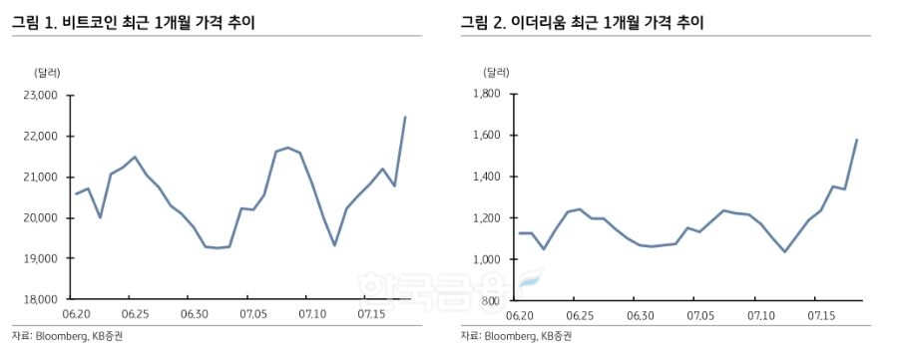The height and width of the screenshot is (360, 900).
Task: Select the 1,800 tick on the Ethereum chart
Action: point(486,94)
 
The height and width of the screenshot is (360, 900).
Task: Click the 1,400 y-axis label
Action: point(486,177)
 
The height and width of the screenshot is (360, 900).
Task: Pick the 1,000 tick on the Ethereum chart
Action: point(486,259)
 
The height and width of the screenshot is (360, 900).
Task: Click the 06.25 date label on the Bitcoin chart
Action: point(135,315)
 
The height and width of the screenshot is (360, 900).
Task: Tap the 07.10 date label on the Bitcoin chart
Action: point(314,315)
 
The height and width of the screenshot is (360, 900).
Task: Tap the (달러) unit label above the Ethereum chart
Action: point(496,72)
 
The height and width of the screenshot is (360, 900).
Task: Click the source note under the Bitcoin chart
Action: point(68,337)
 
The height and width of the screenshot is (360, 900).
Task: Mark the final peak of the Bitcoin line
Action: point(404,118)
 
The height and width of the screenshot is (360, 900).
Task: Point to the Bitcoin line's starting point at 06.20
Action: point(76,193)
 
